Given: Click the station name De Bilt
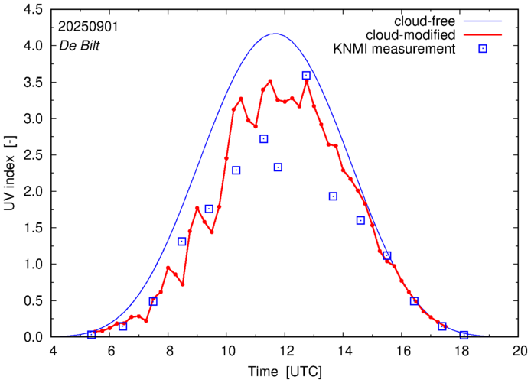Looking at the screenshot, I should click(79, 44).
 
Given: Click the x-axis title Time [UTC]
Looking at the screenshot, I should click(286, 372).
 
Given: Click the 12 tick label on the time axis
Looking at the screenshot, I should click(286, 352).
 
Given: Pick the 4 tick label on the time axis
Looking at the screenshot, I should click(52, 352).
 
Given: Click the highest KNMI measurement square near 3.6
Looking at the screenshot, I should click(306, 76).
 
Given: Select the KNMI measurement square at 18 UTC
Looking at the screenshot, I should click(464, 335).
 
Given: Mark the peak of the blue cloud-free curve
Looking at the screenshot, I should click(275, 34).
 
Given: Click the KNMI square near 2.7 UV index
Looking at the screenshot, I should click(264, 139).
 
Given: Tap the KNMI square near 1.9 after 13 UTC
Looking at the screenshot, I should click(333, 196).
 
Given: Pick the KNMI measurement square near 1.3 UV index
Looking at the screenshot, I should click(182, 242).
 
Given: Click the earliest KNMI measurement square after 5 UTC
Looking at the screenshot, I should click(92, 334).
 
